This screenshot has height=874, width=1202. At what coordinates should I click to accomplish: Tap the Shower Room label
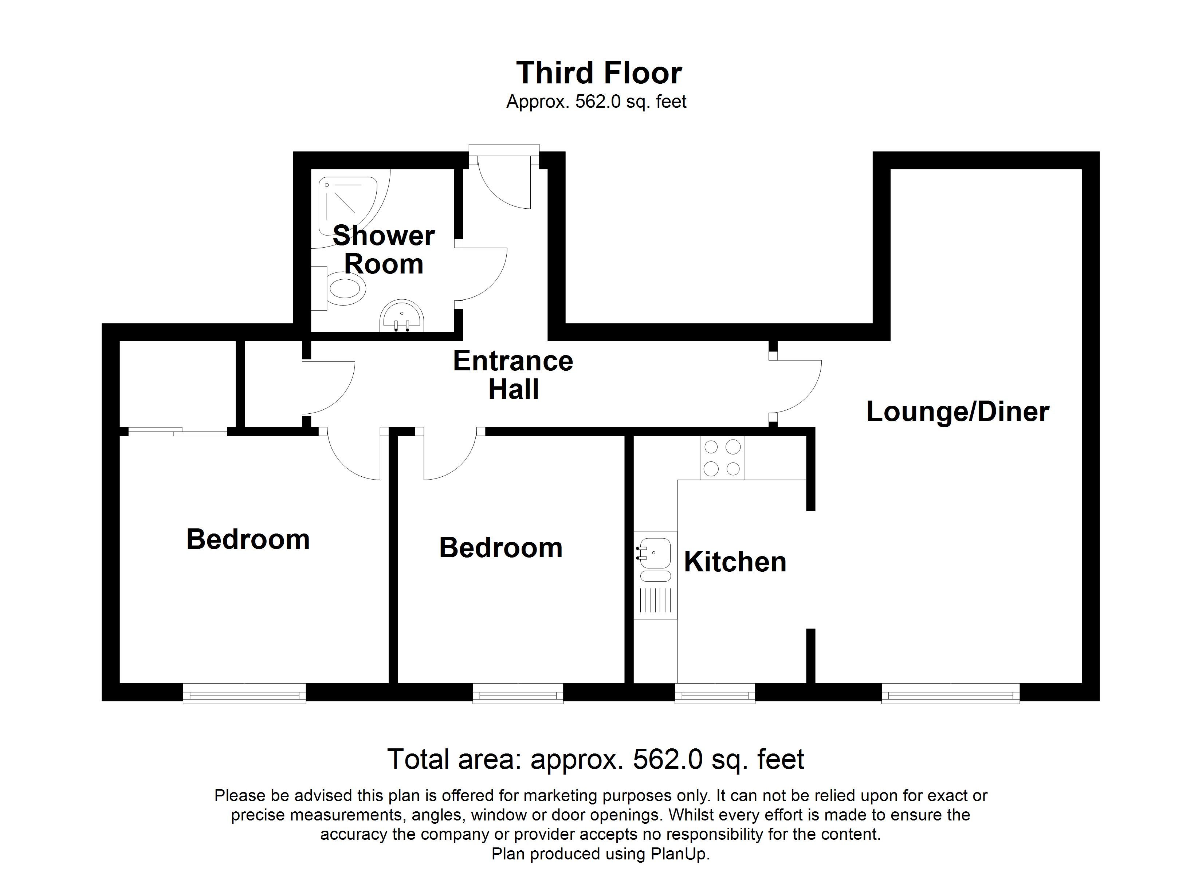384,250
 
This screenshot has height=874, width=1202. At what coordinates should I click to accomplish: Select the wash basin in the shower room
402,316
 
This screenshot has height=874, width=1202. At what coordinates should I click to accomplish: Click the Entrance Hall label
513,375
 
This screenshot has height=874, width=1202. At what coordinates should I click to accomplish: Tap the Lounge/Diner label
957,412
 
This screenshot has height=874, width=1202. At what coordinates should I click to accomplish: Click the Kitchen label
735,562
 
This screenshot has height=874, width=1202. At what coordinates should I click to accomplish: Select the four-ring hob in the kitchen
722,458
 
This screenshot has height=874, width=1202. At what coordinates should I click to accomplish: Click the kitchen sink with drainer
656,575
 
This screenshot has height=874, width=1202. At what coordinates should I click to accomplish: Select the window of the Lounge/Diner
950,693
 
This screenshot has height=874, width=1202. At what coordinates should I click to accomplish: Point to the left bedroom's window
244,693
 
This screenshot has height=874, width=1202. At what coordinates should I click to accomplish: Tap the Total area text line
596,760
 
